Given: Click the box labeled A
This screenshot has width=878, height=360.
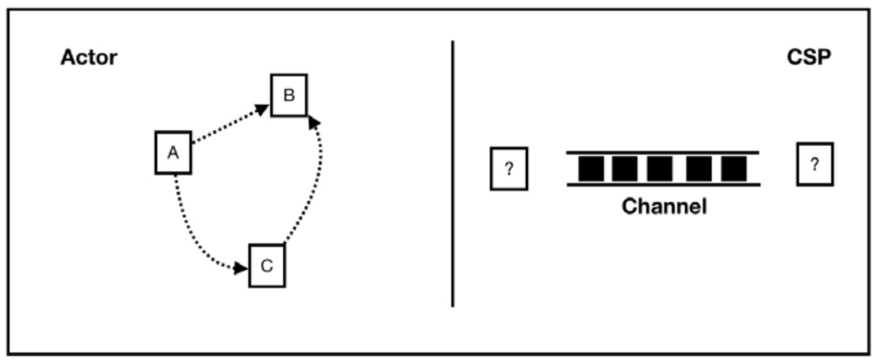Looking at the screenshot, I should pos(173,153).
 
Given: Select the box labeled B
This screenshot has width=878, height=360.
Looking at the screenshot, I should pos(288,95).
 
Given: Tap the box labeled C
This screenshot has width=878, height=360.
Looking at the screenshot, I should pos(267,265).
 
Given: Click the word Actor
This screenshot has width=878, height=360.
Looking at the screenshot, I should pos(89,58).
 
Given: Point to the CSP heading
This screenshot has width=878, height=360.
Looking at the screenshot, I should pos(809,58).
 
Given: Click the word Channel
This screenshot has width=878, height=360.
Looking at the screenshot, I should pos(664,207).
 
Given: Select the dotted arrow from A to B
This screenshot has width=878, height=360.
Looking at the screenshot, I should pos(228,125).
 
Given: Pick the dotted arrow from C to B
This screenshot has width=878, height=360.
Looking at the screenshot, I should pos(311,186).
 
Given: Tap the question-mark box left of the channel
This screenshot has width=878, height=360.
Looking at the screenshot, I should pos(509,169).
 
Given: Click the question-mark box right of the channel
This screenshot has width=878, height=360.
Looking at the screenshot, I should pos(814,164).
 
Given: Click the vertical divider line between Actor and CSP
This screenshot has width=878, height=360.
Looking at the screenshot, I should pos(453,173).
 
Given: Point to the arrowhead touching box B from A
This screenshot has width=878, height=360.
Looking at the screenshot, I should pos(262,109).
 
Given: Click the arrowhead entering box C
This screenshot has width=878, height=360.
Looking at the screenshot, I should pos(241,268).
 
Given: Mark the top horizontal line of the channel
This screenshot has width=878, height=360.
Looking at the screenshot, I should pos(662,153).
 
